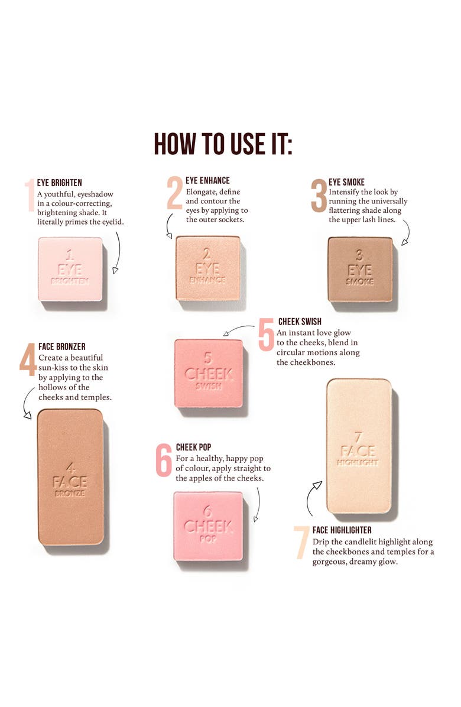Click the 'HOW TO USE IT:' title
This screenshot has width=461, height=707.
[223, 144]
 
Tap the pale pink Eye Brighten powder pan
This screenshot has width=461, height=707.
[70, 269]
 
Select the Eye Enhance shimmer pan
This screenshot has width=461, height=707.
[207, 268]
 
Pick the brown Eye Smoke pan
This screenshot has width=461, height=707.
[360, 269]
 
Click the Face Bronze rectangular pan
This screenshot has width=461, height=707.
[71, 477]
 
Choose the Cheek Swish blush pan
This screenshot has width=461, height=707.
[209, 374]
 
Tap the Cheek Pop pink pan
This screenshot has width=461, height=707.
[208, 526]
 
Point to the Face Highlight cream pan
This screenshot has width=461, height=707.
[359, 446]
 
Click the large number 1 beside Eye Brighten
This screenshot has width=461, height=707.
[30, 194]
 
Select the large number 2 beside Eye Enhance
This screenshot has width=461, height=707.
[174, 193]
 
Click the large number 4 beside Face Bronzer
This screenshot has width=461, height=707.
[28, 359]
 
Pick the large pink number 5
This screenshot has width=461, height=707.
[266, 335]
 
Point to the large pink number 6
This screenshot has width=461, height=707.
[164, 460]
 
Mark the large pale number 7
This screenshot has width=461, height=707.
[301, 543]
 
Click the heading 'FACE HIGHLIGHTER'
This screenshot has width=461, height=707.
[342, 530]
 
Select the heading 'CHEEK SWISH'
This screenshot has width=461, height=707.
[300, 322]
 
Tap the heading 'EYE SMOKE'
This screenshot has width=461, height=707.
[346, 182]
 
